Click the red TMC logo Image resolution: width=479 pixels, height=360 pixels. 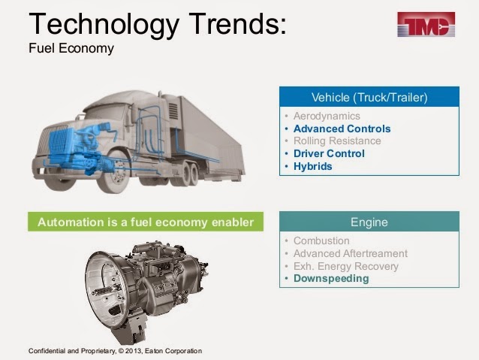(426, 25)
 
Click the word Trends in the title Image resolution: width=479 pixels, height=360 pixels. (238, 24)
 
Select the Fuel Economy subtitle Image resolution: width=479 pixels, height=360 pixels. (71, 48)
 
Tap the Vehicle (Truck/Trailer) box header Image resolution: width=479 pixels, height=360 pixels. (369, 97)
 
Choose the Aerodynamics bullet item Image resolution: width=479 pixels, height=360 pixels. (327, 116)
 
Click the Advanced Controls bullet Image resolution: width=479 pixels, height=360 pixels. (342, 129)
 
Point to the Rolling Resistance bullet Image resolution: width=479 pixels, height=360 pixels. (337, 141)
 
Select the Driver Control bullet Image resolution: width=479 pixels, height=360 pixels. (329, 153)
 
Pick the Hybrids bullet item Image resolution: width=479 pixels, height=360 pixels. (313, 166)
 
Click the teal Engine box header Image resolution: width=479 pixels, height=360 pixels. (369, 222)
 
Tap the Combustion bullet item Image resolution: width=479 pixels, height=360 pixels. (321, 241)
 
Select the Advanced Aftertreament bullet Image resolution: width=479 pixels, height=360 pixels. (351, 253)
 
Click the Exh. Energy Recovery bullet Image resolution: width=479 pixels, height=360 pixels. (346, 266)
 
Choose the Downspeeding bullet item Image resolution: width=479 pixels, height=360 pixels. (331, 278)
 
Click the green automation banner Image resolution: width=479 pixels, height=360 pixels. (146, 222)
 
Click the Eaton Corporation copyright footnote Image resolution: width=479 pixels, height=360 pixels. (115, 351)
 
